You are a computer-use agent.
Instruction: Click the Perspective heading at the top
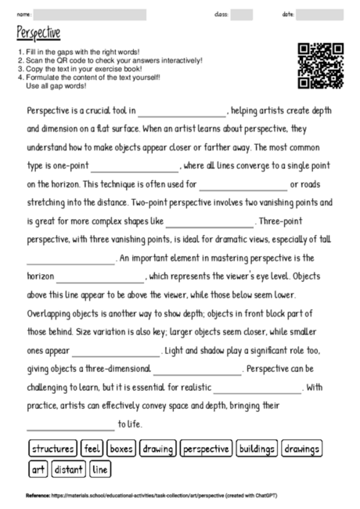[x=38, y=34]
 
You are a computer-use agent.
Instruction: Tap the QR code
[x=322, y=66]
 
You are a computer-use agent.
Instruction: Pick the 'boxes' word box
[x=121, y=449]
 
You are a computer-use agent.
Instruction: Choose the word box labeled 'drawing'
[x=158, y=449]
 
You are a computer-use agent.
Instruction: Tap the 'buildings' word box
[x=257, y=449]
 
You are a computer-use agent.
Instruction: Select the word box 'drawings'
[x=301, y=449]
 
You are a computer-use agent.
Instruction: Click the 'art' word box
[x=38, y=470]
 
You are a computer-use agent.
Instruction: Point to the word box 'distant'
[x=69, y=470]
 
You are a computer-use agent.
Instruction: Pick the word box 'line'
[x=100, y=470]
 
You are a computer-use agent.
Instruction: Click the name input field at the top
[x=90, y=14]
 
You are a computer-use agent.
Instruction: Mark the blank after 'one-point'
[x=135, y=168]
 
